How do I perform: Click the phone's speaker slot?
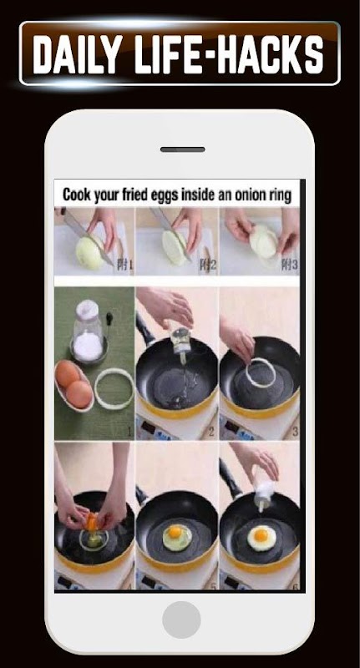click(x=182, y=149)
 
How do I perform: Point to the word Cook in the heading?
click(x=77, y=195)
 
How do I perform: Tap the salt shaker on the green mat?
click(x=89, y=331)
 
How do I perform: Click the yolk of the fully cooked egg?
click(x=261, y=534)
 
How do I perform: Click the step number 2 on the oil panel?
click(x=210, y=432)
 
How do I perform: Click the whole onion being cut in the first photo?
click(x=90, y=253)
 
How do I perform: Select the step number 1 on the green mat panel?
click(x=129, y=432)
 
